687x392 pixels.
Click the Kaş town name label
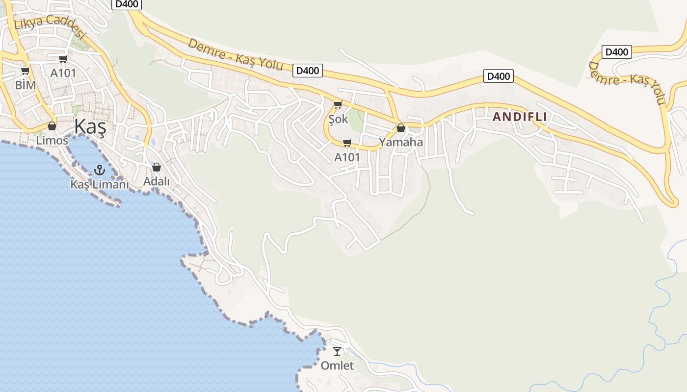point(90,127)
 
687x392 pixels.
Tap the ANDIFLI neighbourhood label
point(520,117)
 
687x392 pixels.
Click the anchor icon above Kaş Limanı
point(100,170)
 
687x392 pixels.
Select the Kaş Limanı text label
point(100,185)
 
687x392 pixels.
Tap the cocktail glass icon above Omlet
point(337,351)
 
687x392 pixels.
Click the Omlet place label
point(337,366)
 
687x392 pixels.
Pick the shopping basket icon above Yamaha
point(401,128)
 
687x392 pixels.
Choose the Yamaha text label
point(401,142)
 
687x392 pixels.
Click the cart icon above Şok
point(338,104)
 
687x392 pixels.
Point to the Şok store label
point(338,119)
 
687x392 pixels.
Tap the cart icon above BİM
point(25,71)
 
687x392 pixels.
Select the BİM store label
point(26,85)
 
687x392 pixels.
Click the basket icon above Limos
point(52,126)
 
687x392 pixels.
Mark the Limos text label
point(52,141)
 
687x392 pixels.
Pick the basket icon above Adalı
point(157,167)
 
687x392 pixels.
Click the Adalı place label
point(157,181)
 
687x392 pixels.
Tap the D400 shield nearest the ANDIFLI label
point(499,76)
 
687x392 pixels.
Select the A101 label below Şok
point(347,157)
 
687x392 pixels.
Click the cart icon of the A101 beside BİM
point(63,59)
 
